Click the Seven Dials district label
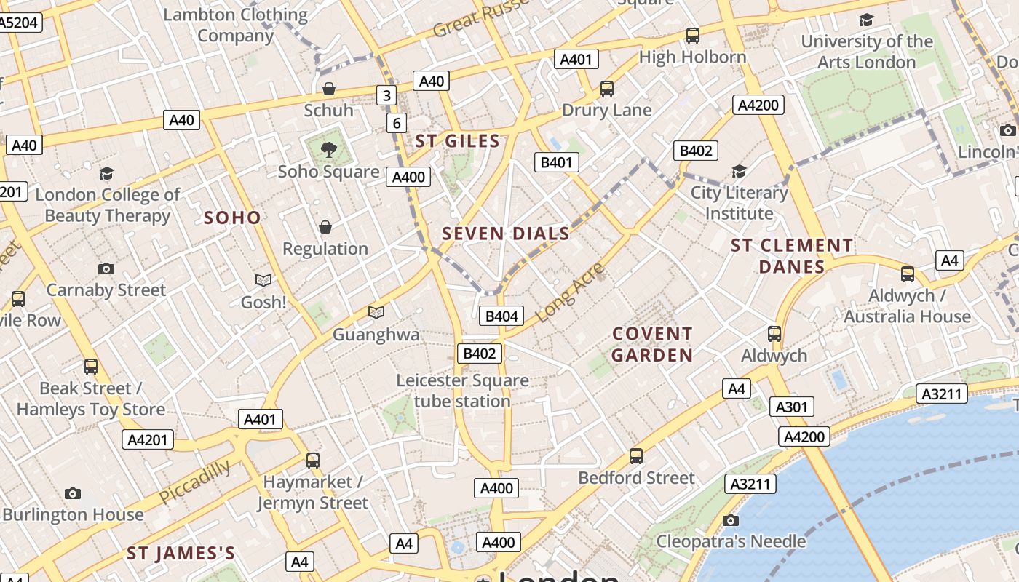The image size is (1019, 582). pos(506,234)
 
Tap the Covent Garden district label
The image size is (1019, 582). pos(652,344)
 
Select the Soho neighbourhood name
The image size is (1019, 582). pos(232,218)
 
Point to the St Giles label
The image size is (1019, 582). pos(458,141)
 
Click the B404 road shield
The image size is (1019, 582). pos(501,316)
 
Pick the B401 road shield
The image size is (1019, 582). pos(557,162)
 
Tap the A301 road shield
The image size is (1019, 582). pos(792,407)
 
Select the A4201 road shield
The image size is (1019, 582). pos(147,439)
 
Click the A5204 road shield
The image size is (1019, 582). pos(17,23)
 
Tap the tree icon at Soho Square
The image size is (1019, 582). pos(329,151)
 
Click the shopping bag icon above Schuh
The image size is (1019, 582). pos(329,89)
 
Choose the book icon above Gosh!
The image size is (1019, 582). pos(263,280)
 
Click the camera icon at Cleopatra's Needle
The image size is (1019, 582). pos(731,520)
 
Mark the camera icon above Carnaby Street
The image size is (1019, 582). pos(106,269)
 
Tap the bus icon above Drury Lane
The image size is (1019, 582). pos(607,89)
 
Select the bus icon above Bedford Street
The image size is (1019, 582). pos(636,456)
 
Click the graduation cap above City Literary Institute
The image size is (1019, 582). pos(740,172)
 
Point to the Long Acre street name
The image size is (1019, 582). pos(571,292)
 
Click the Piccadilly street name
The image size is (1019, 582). pos(195,482)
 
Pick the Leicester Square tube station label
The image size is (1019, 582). pos(462,391)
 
